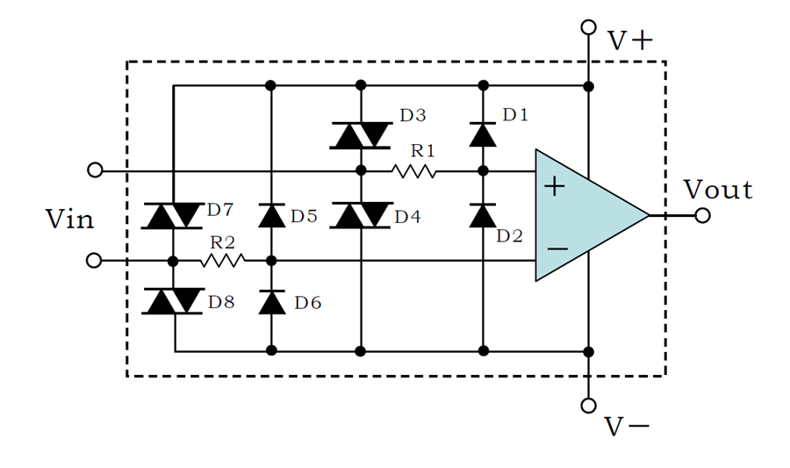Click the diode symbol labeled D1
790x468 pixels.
click(x=483, y=134)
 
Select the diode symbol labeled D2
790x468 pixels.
click(x=483, y=216)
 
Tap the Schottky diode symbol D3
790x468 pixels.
click(x=361, y=135)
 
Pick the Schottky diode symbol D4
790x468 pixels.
click(x=361, y=215)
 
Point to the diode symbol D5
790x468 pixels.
click(x=271, y=216)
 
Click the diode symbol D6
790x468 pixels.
click(x=271, y=302)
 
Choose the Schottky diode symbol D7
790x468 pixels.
click(x=173, y=216)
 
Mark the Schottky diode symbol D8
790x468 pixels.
click(x=173, y=301)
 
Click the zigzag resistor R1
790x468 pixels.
click(x=414, y=172)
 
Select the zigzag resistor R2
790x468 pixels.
click(x=223, y=261)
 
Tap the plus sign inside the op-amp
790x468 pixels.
click(x=555, y=186)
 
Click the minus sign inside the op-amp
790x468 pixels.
click(x=557, y=248)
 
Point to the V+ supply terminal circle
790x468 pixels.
click(x=588, y=26)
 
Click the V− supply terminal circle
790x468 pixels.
click(x=588, y=405)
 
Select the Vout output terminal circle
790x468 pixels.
click(x=702, y=216)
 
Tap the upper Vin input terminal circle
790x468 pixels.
click(x=95, y=170)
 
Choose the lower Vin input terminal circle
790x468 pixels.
click(x=94, y=261)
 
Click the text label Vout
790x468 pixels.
click(x=718, y=190)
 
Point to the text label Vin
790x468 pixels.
click(x=69, y=220)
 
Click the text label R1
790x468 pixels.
click(x=422, y=151)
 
